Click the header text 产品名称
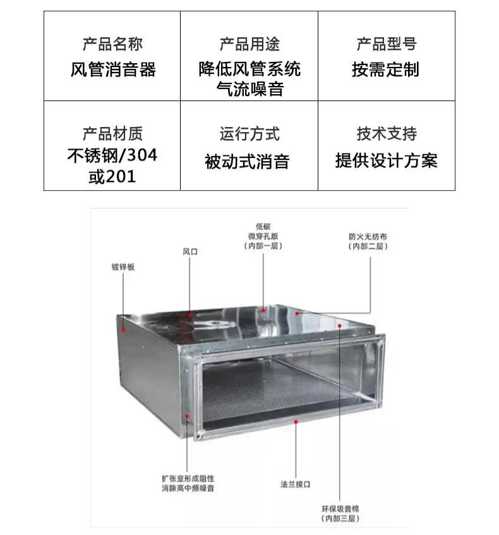[x=112, y=44]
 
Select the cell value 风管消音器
[x=112, y=69]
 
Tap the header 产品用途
[x=249, y=44]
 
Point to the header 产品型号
[x=387, y=44]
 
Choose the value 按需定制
[x=387, y=69]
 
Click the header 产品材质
[x=112, y=134]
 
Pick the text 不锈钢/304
[x=112, y=155]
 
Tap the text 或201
[x=112, y=176]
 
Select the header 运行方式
[x=249, y=134]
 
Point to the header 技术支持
[x=387, y=134]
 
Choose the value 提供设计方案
[x=386, y=161]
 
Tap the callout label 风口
[x=190, y=251]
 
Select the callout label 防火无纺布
[x=368, y=237]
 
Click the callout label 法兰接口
[x=296, y=484]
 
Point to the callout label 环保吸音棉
[x=340, y=508]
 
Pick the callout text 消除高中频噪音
[x=191, y=488]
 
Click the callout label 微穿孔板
[x=263, y=236]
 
